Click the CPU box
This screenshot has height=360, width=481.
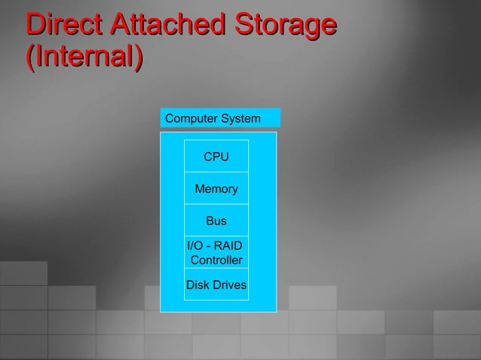(216, 157)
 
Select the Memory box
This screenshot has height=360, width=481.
(216, 189)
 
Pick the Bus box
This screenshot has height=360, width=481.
(216, 221)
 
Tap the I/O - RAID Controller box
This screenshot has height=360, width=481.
(216, 252)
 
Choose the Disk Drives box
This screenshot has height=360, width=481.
(216, 285)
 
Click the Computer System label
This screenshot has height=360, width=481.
(219, 118)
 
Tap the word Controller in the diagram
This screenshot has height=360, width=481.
(216, 261)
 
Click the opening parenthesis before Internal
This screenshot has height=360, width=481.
(29, 57)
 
